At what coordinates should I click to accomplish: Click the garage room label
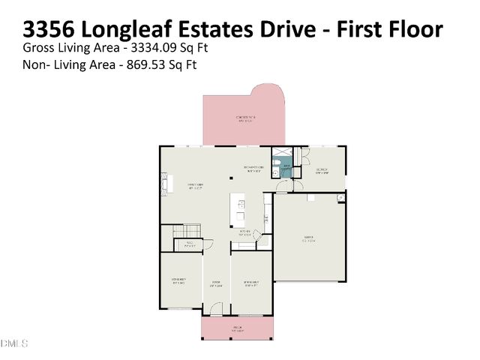click(x=308, y=240)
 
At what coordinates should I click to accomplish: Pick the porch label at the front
click(x=238, y=328)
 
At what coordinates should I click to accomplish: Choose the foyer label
click(x=215, y=283)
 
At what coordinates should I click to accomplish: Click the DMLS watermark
click(x=14, y=344)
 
